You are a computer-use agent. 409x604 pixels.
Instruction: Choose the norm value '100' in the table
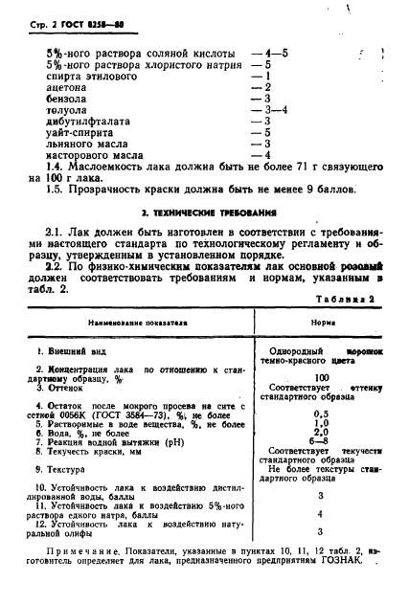[x=321, y=377]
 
